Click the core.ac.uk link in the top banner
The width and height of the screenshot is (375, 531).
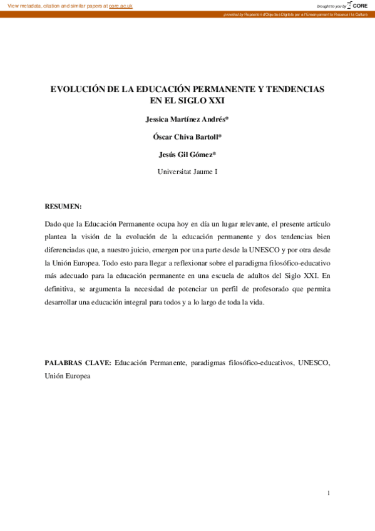pyautogui.click(x=121, y=6)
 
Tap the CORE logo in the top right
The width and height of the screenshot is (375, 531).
pyautogui.click(x=357, y=5)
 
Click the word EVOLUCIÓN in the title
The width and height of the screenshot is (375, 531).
pyautogui.click(x=78, y=90)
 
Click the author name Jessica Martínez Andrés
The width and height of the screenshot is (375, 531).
pyautogui.click(x=187, y=118)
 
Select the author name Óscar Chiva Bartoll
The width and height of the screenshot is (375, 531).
pyautogui.click(x=187, y=136)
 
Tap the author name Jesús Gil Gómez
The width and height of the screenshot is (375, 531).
pyautogui.click(x=187, y=154)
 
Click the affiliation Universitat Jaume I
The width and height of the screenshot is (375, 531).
pyautogui.click(x=187, y=172)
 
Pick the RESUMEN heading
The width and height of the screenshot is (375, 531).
pyautogui.click(x=63, y=206)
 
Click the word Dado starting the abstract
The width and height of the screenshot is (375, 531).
pyautogui.click(x=54, y=224)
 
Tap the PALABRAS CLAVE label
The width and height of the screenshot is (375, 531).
pyautogui.click(x=78, y=363)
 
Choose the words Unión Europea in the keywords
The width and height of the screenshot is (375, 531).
pyautogui.click(x=68, y=376)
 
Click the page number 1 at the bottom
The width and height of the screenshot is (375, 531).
pyautogui.click(x=329, y=493)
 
